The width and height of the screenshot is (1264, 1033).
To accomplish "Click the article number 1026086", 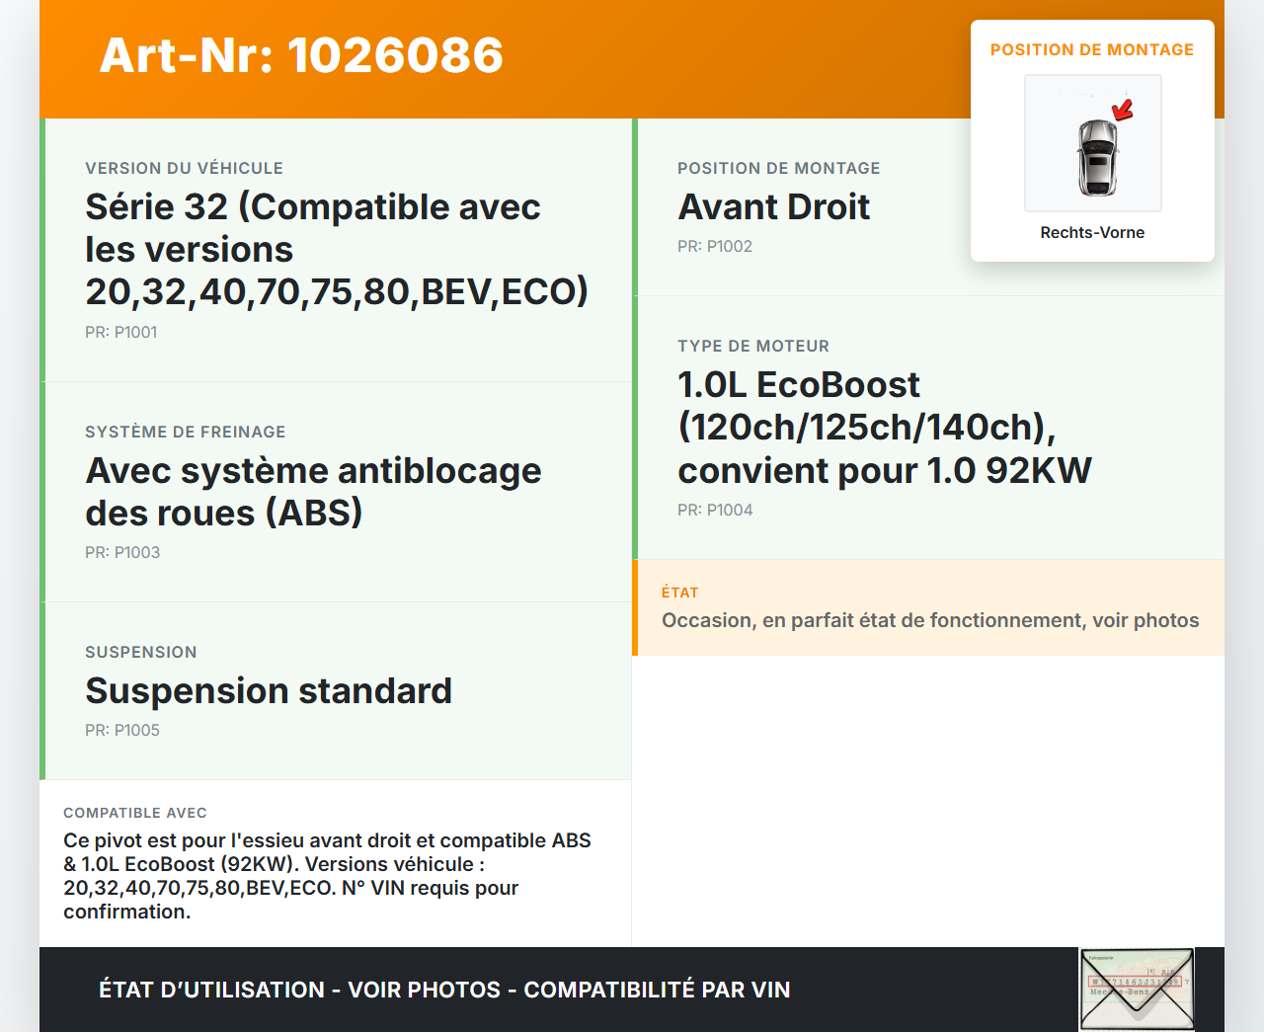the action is point(395,55).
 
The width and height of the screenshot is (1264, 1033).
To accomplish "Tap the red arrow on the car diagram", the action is point(1123,111).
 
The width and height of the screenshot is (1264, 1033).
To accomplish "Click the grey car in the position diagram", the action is point(1097,158).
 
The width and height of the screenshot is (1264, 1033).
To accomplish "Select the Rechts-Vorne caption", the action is point(1092,233).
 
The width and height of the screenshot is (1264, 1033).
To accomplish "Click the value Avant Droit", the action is point(773,207).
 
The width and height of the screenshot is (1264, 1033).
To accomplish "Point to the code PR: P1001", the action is point(121,332).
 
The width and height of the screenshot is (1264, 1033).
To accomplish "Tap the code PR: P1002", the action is point(714,247).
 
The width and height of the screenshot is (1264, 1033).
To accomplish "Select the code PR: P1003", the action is point(122,552).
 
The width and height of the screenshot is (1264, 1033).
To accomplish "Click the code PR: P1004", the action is point(715,511).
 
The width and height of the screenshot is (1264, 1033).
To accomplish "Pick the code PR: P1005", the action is point(122,730).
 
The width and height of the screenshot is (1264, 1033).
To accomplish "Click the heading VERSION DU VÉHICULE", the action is point(184,168).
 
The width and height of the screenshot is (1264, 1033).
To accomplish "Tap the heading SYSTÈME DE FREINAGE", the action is point(186,432).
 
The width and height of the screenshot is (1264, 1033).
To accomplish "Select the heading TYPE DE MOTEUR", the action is point(753,346).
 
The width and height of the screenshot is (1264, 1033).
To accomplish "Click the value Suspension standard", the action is point(269,690).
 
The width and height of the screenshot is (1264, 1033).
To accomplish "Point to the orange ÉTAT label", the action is point(679,593).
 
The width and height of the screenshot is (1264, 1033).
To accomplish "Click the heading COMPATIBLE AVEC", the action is point(135,813).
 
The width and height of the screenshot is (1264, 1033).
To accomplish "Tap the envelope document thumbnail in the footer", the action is point(1137,990).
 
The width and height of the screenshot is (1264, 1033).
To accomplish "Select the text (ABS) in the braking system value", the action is point(314,514).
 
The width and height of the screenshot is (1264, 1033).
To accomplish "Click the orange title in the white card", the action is point(1092,49).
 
